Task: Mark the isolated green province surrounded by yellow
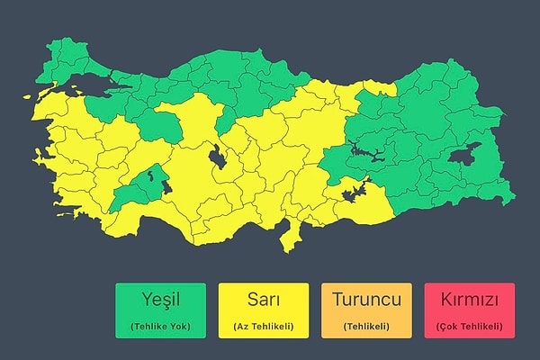(139, 184)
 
